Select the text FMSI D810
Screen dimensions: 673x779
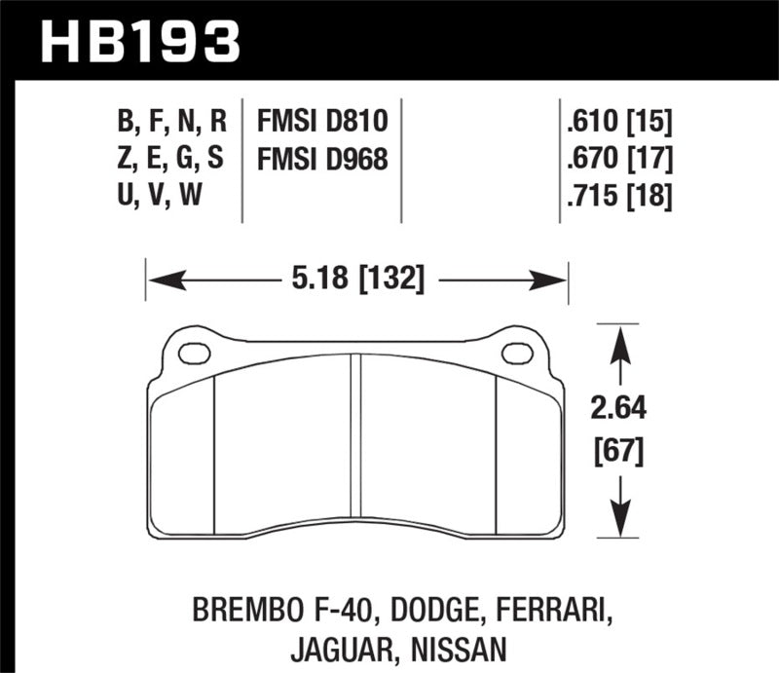pyautogui.click(x=322, y=121)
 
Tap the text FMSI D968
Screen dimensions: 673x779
pyautogui.click(x=322, y=159)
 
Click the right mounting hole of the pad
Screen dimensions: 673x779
pyautogui.click(x=516, y=354)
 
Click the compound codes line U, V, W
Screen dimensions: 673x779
pyautogui.click(x=161, y=197)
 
